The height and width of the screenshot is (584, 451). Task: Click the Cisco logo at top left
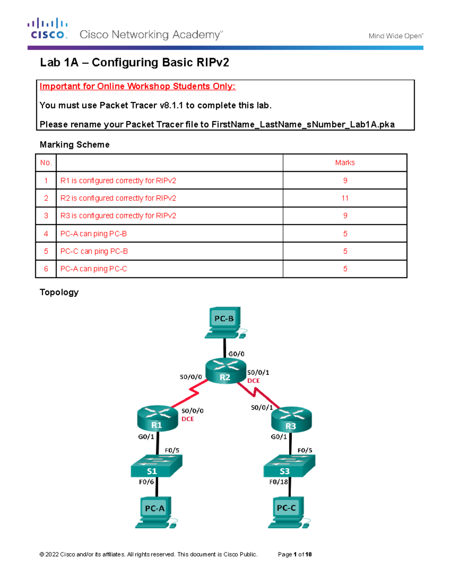pos(48,29)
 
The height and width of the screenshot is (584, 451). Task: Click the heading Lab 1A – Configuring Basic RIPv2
pos(135,62)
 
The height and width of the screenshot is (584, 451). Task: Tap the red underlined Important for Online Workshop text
pos(138,86)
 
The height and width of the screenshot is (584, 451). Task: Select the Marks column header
pos(345,163)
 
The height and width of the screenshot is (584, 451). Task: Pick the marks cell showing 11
pos(345,198)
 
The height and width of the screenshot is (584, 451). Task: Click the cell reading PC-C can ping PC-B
pos(94,251)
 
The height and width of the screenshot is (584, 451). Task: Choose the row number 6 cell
pos(46,269)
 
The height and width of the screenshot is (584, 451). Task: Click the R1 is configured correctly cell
pos(118,181)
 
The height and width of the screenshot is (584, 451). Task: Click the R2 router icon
pos(225,371)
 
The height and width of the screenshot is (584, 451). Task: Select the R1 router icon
pos(157,418)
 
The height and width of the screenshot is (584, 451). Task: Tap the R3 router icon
pos(291,419)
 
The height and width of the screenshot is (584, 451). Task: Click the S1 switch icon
pos(156,466)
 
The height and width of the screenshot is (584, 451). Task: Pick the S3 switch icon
pos(289,466)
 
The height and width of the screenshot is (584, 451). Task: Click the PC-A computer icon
pos(156,512)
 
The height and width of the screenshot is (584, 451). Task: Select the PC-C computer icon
pos(288,512)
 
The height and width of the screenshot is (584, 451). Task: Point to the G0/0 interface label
pos(236,354)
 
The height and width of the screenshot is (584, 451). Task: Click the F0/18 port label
pos(278,482)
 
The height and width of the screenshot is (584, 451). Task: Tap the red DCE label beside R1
pos(188,419)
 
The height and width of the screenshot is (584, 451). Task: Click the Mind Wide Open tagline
pos(395,36)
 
